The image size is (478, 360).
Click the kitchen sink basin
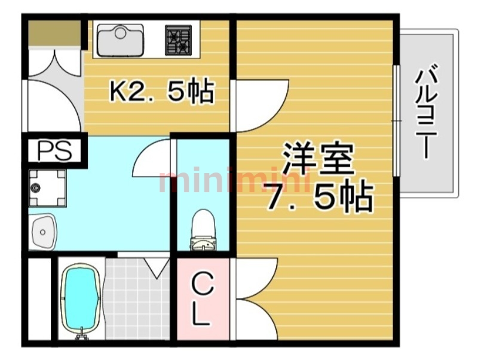[x=120, y=39]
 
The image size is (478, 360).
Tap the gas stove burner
[x=178, y=40]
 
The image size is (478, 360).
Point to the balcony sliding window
[x=395, y=119]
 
